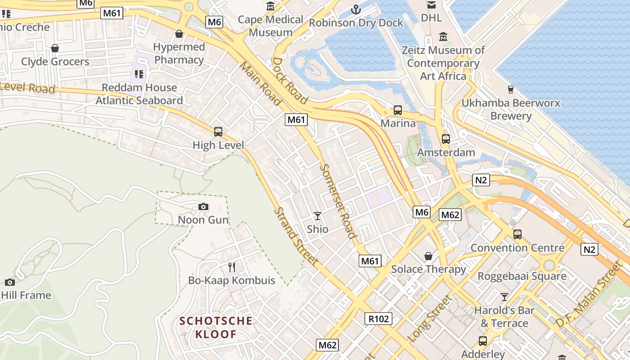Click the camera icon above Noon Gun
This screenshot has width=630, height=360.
203,207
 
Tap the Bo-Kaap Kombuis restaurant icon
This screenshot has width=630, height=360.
232,267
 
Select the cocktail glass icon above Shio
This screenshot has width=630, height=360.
318,216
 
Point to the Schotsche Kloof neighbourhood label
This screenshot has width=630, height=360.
216,328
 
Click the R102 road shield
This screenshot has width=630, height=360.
378,319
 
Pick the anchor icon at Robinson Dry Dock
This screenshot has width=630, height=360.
356,9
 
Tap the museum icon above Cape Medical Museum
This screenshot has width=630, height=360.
271,6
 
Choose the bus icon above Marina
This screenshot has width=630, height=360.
398,110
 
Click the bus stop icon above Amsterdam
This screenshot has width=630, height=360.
445,139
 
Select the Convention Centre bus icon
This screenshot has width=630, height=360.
517,234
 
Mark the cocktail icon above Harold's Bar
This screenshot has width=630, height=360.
504,297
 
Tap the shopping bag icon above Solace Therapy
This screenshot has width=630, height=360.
428,256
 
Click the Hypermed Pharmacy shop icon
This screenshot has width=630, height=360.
179,34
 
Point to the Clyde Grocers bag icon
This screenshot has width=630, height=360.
55,48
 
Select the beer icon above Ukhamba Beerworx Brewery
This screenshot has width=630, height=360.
511,90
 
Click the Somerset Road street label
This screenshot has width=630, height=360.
337,201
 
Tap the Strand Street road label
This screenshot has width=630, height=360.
296,236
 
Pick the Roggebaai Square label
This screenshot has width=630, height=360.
522,276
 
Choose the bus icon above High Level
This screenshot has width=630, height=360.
218,132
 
